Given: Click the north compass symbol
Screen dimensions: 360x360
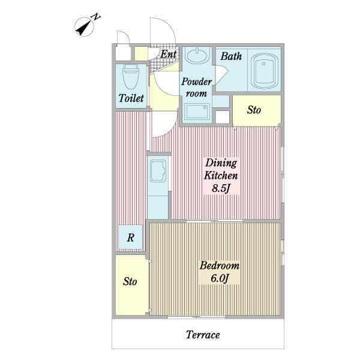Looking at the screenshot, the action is coord(84,27).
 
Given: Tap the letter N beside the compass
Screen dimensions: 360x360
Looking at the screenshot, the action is coord(96,17).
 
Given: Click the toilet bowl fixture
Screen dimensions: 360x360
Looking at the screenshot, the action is coord(131,77).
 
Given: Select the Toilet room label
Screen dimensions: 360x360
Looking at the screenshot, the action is coord(131,98).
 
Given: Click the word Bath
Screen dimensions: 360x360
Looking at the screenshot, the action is coord(231,56).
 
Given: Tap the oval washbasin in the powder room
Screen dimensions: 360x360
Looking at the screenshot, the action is coord(197,55).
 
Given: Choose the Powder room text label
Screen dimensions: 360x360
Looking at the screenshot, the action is coord(197,88).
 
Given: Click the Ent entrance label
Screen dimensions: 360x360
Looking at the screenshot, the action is coord(169,54).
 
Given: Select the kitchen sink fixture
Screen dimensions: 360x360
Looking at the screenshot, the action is coord(158,171).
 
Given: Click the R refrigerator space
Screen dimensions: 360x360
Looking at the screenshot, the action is coord(130,237).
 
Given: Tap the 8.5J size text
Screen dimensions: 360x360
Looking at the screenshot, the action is coord(221,188).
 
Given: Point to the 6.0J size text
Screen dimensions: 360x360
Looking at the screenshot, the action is coord(220,278).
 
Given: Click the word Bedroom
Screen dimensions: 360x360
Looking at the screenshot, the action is coord(220,266).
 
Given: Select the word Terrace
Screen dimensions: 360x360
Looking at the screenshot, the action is coord(203,335).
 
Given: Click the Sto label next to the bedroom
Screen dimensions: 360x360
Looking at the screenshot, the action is coord(130,281).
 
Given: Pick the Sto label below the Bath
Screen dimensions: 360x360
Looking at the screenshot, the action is coord(254,110).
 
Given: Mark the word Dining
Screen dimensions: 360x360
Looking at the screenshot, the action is coord(221,163).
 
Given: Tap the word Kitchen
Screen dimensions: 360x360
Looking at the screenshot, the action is coord(221,176).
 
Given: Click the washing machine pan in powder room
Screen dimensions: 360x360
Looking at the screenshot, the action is coord(197,112).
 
